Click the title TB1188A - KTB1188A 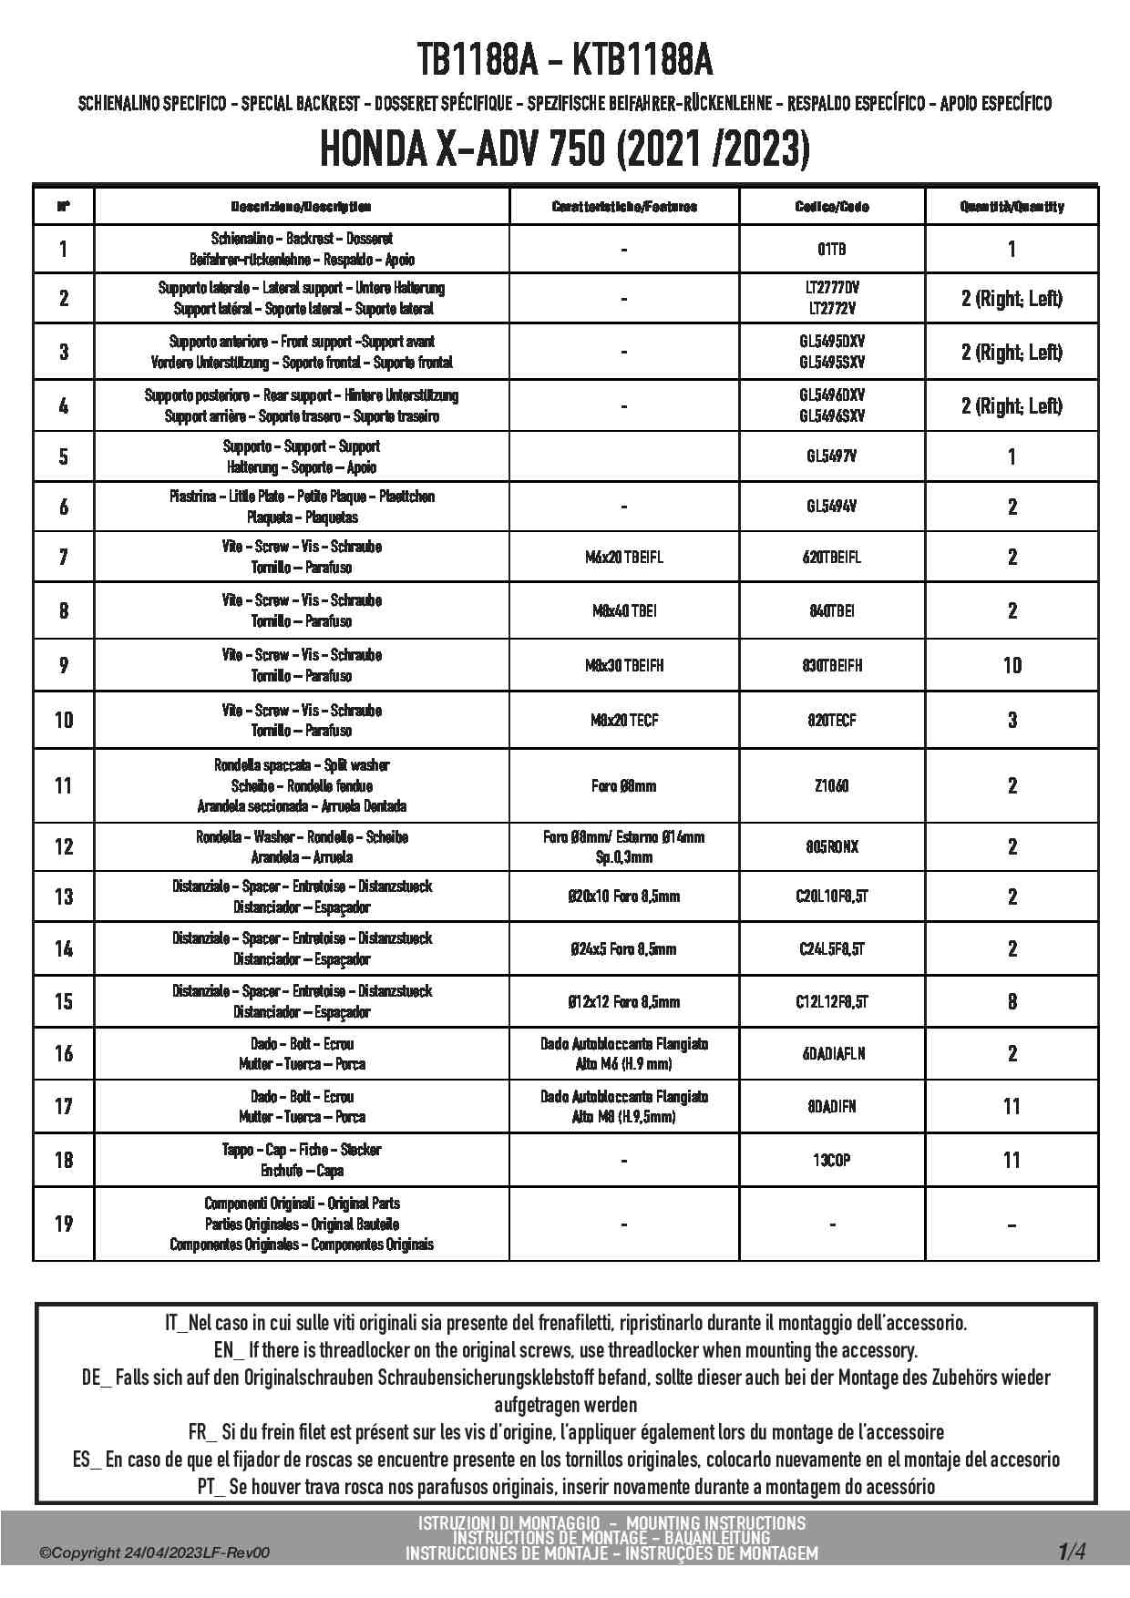[x=565, y=61]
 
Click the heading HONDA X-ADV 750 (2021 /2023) [x=565, y=149]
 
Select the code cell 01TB [x=832, y=249]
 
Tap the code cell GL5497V [x=832, y=456]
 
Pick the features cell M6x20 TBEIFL [x=624, y=557]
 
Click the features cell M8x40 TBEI [x=624, y=610]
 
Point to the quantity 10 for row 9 [x=1012, y=665]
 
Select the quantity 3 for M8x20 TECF [x=1012, y=720]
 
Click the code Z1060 [x=832, y=785]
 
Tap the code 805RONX [x=832, y=846]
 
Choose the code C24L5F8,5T [x=832, y=948]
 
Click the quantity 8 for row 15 [x=1012, y=1001]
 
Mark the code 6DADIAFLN [x=832, y=1053]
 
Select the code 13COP [x=832, y=1160]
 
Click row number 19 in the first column [x=64, y=1223]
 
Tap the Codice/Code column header [x=832, y=207]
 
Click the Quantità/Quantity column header [x=1012, y=207]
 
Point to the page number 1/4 [x=1072, y=1551]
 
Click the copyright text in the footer [x=155, y=1553]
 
